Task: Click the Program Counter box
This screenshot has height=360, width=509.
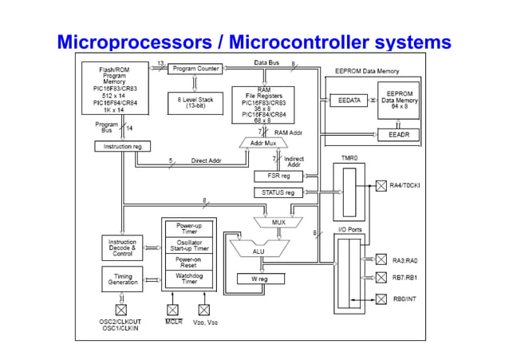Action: (196, 69)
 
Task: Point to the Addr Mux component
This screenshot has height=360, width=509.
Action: (263, 143)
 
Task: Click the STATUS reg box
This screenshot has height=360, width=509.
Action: (278, 192)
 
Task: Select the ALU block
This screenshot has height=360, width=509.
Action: (258, 249)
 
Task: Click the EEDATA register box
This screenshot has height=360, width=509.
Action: (345, 101)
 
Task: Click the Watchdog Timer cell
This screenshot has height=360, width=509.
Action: (188, 279)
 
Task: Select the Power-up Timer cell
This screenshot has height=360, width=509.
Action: (188, 227)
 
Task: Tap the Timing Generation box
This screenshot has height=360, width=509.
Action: (123, 279)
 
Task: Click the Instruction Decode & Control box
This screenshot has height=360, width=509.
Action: (123, 247)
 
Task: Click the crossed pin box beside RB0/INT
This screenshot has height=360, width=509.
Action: (381, 299)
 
